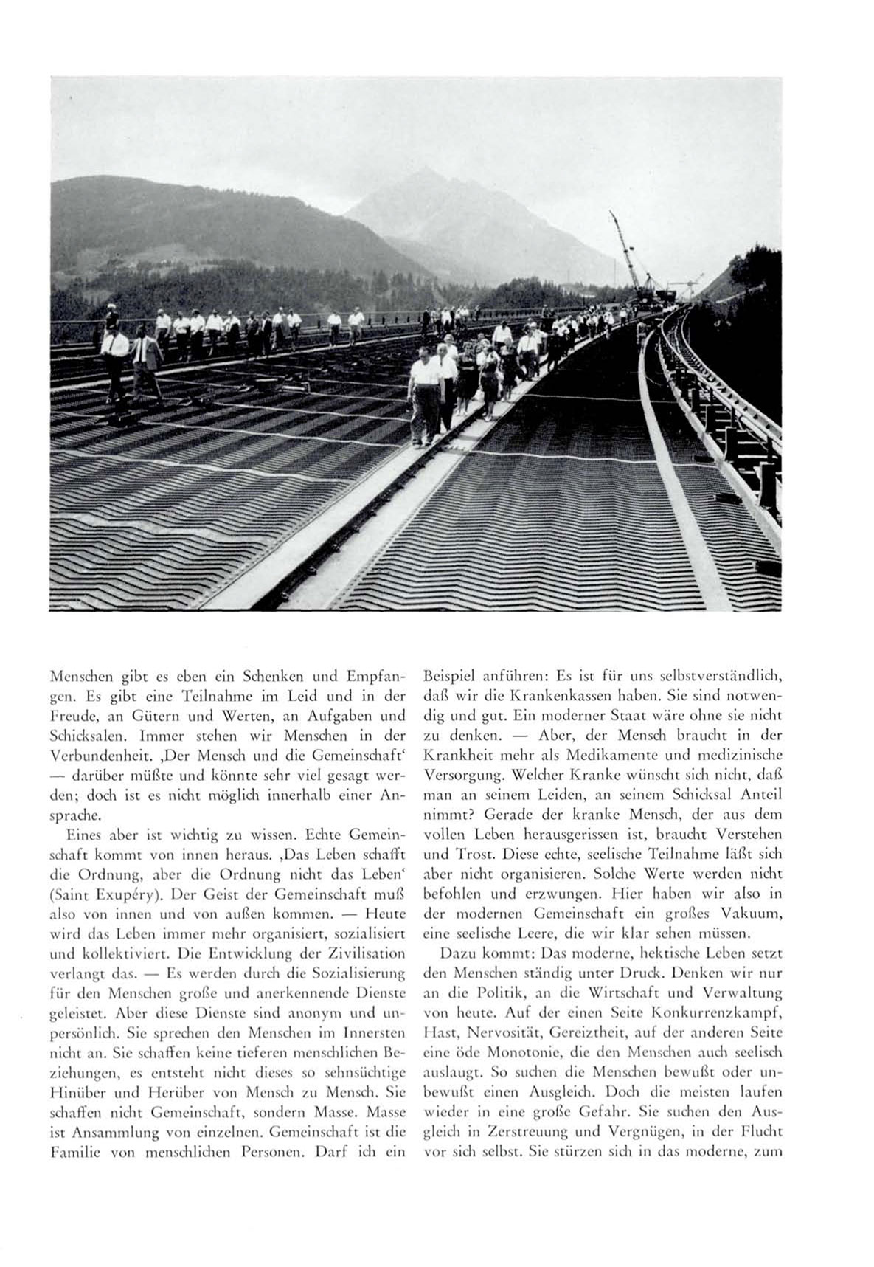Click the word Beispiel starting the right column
[447, 676]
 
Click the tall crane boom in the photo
[625, 251]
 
